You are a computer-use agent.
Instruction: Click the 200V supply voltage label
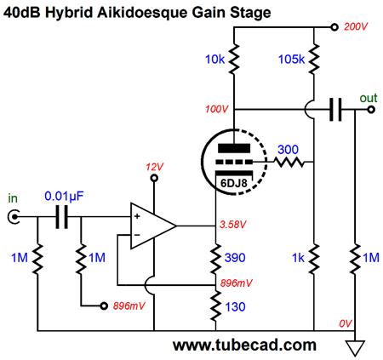coord(356,26)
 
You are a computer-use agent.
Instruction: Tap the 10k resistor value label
coord(214,60)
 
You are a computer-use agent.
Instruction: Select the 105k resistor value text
coord(291,60)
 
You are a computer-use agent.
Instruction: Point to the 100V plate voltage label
coord(217,109)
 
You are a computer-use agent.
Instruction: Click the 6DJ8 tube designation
coord(234,183)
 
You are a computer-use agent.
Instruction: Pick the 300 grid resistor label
coord(288,150)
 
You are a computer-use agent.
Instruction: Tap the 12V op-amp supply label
coord(155,167)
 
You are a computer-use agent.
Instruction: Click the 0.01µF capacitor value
coord(64,197)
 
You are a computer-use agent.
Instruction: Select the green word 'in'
coord(13,198)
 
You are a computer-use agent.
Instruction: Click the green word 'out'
coord(369,98)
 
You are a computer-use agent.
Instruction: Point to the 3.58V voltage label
coord(233,225)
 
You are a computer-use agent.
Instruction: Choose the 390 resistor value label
coord(235,258)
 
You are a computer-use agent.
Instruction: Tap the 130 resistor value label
coord(235,307)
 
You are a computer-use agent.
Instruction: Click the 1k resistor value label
coord(298,258)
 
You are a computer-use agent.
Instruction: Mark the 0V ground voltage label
coord(346,323)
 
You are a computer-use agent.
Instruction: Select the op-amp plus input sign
coord(137,216)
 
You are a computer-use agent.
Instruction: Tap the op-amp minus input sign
coord(137,235)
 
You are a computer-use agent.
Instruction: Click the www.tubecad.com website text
coord(244,345)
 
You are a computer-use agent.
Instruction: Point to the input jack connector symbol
coord(14,217)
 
